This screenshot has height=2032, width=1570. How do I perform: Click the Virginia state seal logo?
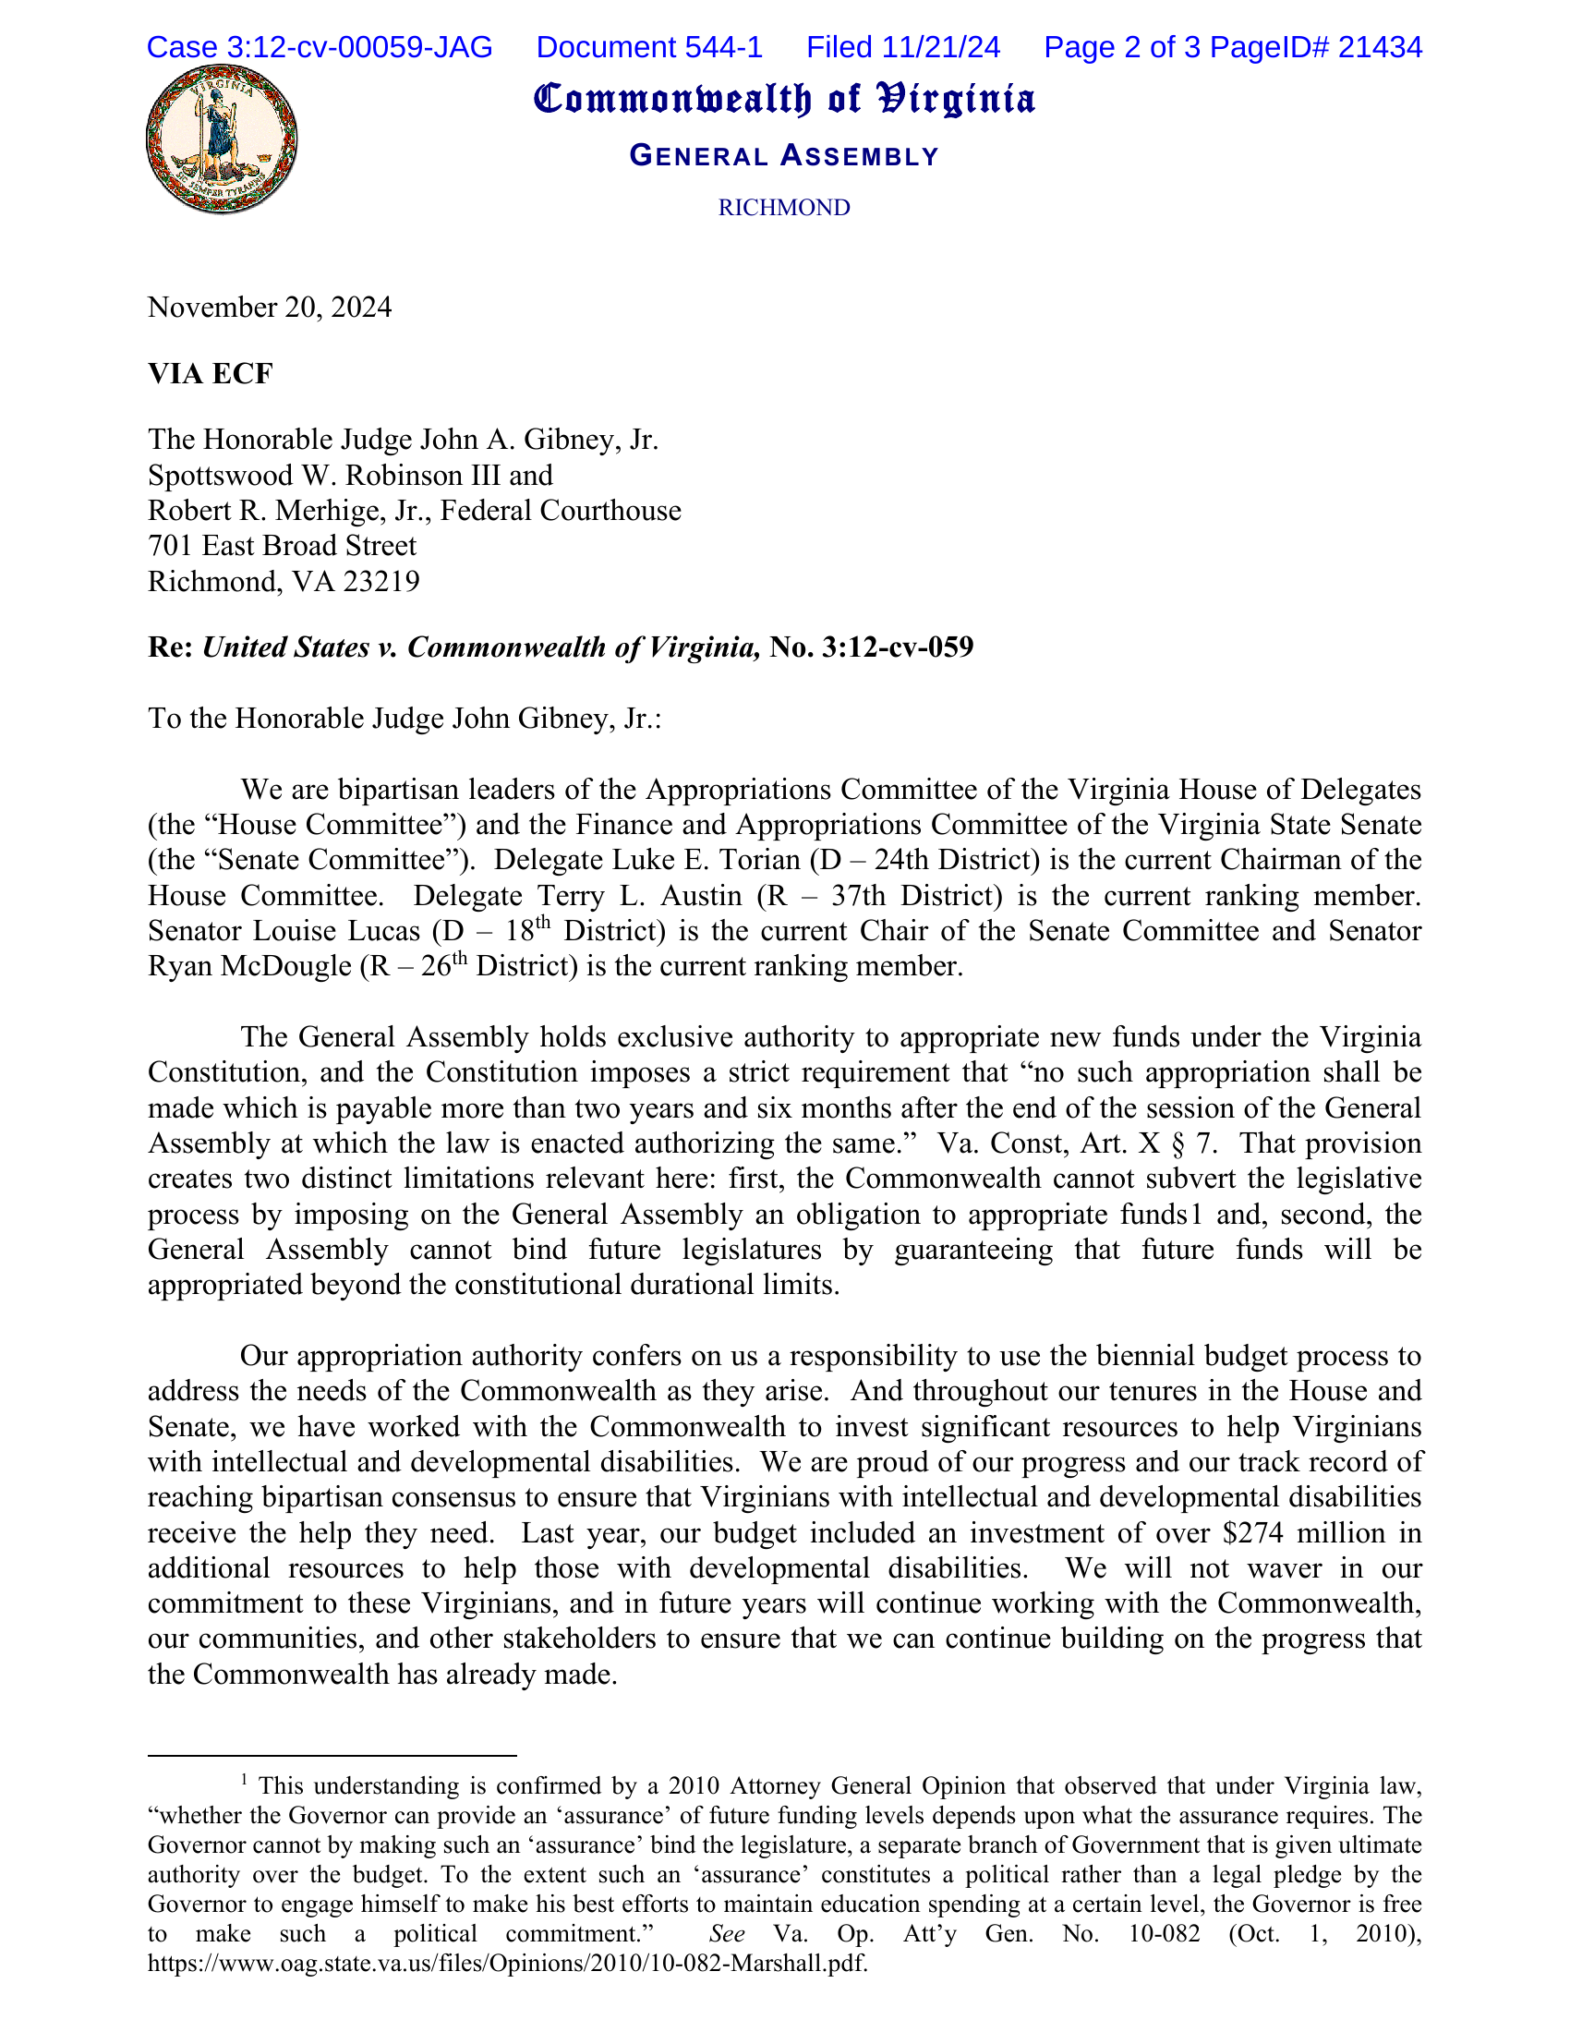coord(222,139)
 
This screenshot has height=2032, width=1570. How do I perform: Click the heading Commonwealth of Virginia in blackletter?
coord(783,100)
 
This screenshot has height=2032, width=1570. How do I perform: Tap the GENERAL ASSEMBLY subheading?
coord(783,155)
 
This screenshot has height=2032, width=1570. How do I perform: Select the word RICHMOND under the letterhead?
coord(783,208)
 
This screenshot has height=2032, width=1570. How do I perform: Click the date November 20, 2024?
coord(270,307)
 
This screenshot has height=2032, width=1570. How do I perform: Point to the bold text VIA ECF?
coord(211,373)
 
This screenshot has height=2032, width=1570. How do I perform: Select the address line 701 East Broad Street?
coord(282,546)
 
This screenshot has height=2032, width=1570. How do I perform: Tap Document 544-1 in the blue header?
coord(649,46)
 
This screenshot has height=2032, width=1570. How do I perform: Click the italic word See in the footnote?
coord(727,1933)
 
